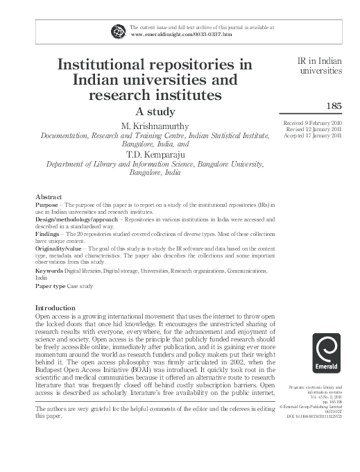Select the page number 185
click(x=334, y=106)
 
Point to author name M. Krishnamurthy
click(x=156, y=126)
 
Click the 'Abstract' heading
click(x=49, y=197)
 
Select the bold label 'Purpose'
click(x=46, y=206)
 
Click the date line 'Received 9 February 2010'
click(x=313, y=123)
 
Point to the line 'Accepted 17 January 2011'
click(x=314, y=135)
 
